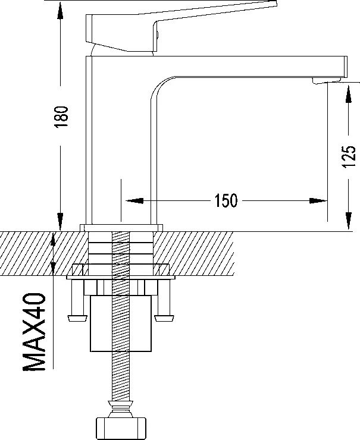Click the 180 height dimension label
pyautogui.click(x=61, y=117)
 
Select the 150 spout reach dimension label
pyautogui.click(x=226, y=200)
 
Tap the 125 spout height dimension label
pyautogui.click(x=349, y=156)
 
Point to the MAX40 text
pyautogui.click(x=34, y=332)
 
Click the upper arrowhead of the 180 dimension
pyautogui.click(x=60, y=11)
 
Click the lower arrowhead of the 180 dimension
pyautogui.click(x=60, y=221)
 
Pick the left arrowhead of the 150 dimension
pyautogui.click(x=134, y=200)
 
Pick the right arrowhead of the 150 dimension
pyautogui.click(x=318, y=200)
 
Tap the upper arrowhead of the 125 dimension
pyautogui.click(x=349, y=94)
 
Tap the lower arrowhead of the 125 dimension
pyautogui.click(x=349, y=221)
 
